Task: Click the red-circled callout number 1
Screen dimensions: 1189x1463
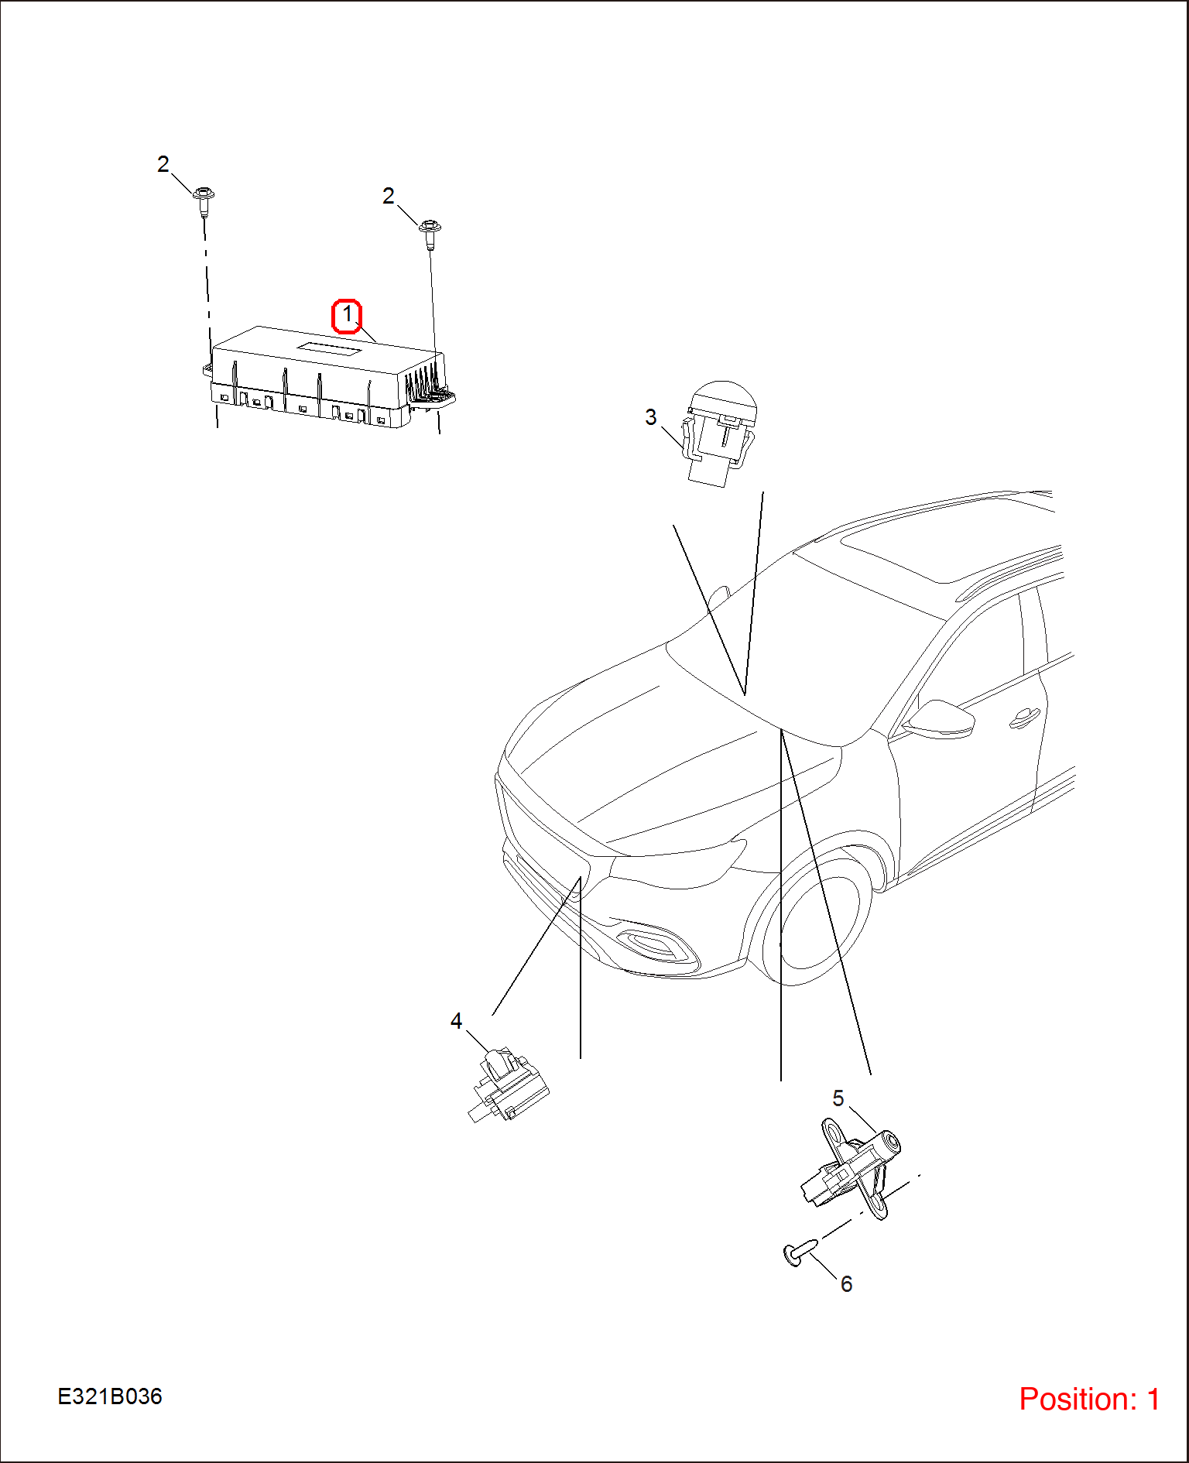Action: point(347,315)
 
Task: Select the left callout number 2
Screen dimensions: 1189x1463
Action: point(163,164)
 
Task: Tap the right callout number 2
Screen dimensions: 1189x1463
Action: point(389,196)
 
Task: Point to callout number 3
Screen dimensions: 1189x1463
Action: point(651,417)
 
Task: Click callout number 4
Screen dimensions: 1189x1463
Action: point(457,1021)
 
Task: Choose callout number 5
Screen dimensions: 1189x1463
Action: point(838,1098)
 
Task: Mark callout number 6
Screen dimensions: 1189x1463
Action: point(847,1283)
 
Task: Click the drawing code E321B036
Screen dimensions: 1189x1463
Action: point(110,1396)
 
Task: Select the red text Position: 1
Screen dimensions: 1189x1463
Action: point(1089,1399)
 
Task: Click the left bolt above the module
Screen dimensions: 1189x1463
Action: point(204,202)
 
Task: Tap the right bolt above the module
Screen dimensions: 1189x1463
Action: point(430,235)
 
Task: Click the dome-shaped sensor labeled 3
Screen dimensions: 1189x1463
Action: point(720,433)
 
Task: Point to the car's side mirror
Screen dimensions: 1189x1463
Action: point(940,719)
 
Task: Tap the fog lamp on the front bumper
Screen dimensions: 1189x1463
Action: point(651,944)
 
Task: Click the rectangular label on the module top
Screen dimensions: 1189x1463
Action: point(330,350)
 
